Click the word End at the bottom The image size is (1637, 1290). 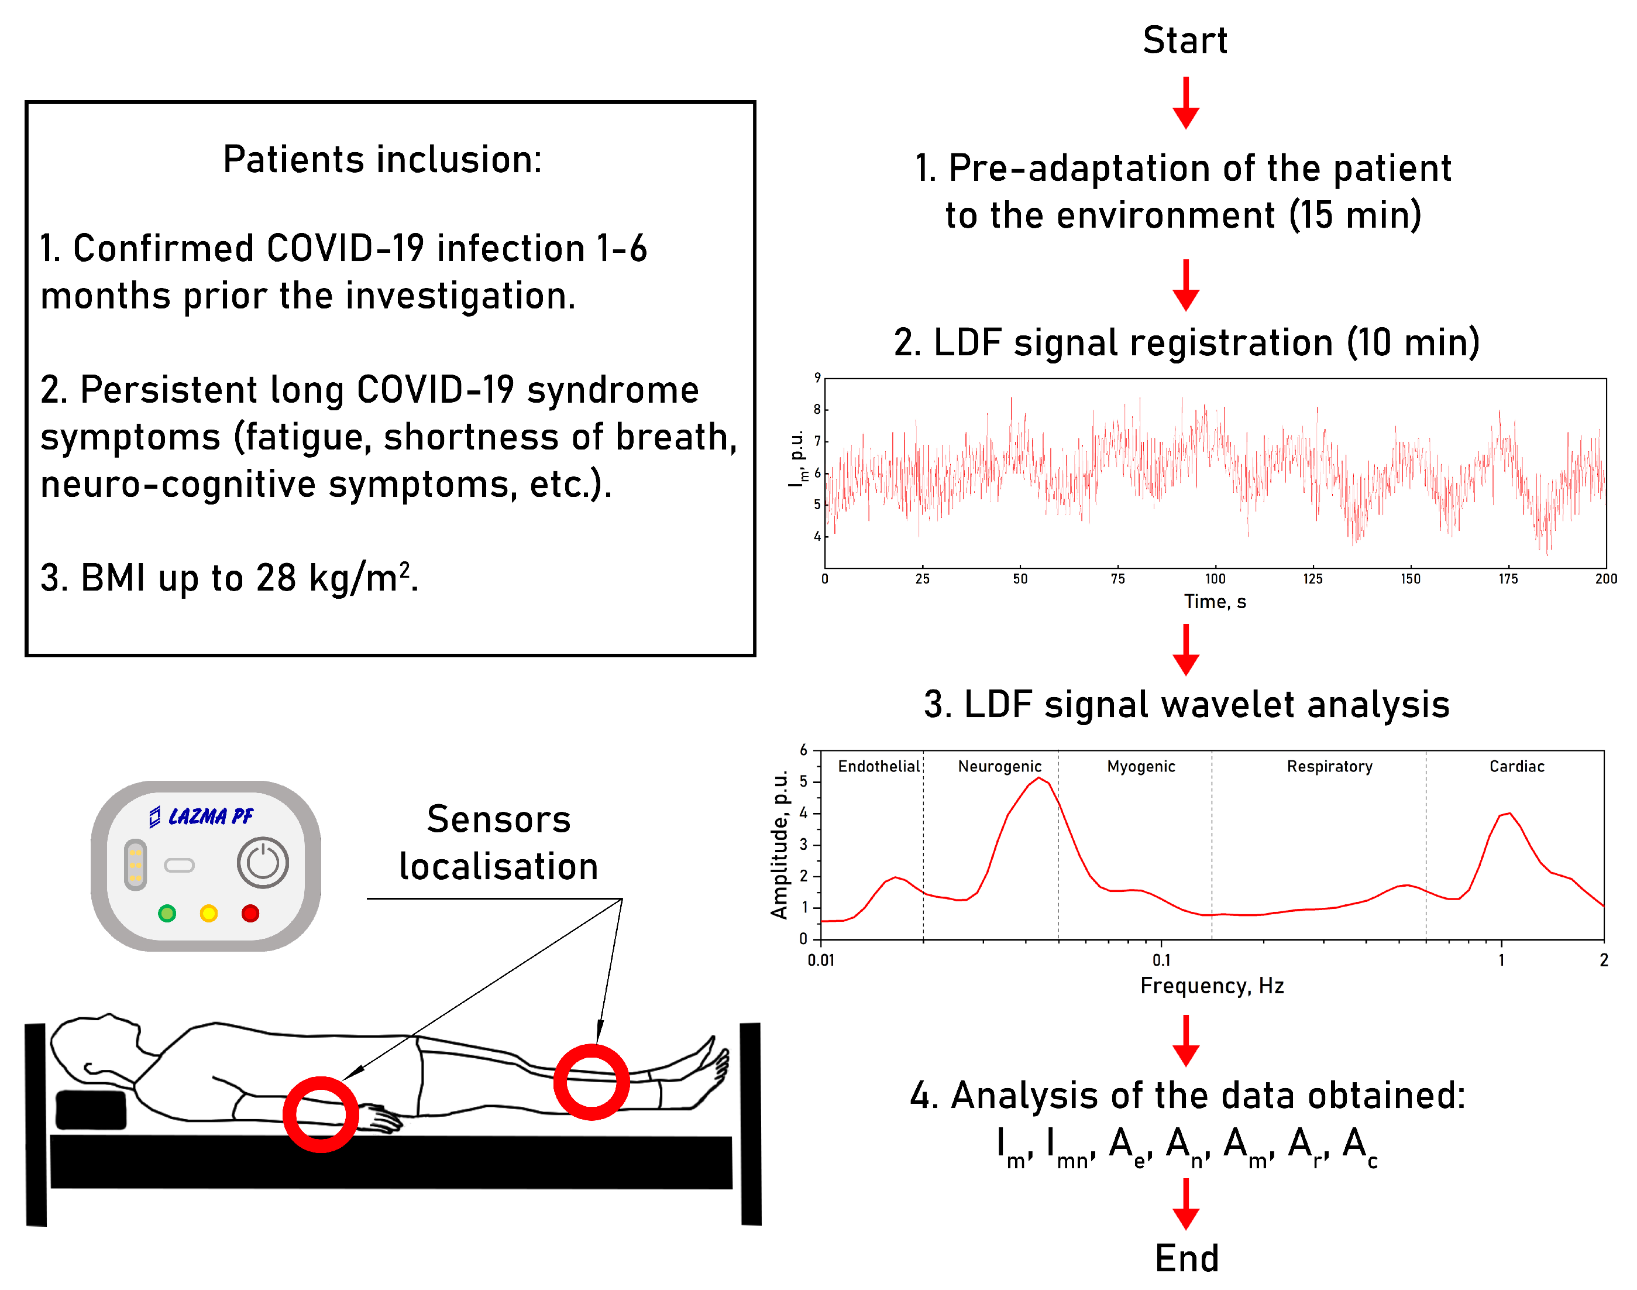click(1187, 1258)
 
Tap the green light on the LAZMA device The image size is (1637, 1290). click(167, 913)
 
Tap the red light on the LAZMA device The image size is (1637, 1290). click(250, 913)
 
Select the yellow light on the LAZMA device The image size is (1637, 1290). click(208, 913)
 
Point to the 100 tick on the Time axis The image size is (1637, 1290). click(1215, 578)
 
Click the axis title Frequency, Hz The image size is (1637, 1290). click(1211, 986)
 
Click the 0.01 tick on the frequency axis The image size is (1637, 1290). click(821, 960)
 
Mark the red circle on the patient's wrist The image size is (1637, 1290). click(320, 1114)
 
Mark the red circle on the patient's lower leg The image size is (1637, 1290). click(591, 1082)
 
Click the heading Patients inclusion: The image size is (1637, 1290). click(382, 159)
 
